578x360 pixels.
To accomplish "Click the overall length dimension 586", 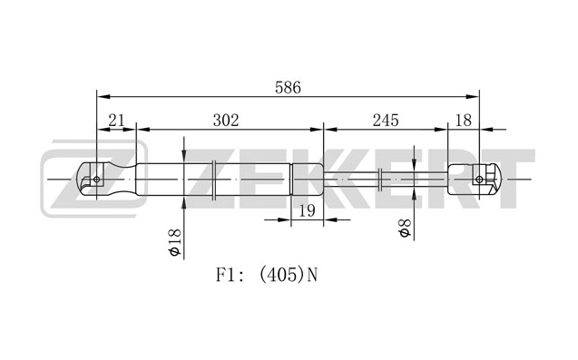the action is (288, 87).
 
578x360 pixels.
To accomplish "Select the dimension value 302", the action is (226, 121).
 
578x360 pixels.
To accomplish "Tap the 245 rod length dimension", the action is (386, 121).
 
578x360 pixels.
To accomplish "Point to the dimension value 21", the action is (116, 121).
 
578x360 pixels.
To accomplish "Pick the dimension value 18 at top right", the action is (464, 121).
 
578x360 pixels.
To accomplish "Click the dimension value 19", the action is (307, 210).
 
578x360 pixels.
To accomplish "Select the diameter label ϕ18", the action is (175, 242).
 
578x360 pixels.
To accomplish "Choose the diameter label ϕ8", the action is (405, 228).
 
